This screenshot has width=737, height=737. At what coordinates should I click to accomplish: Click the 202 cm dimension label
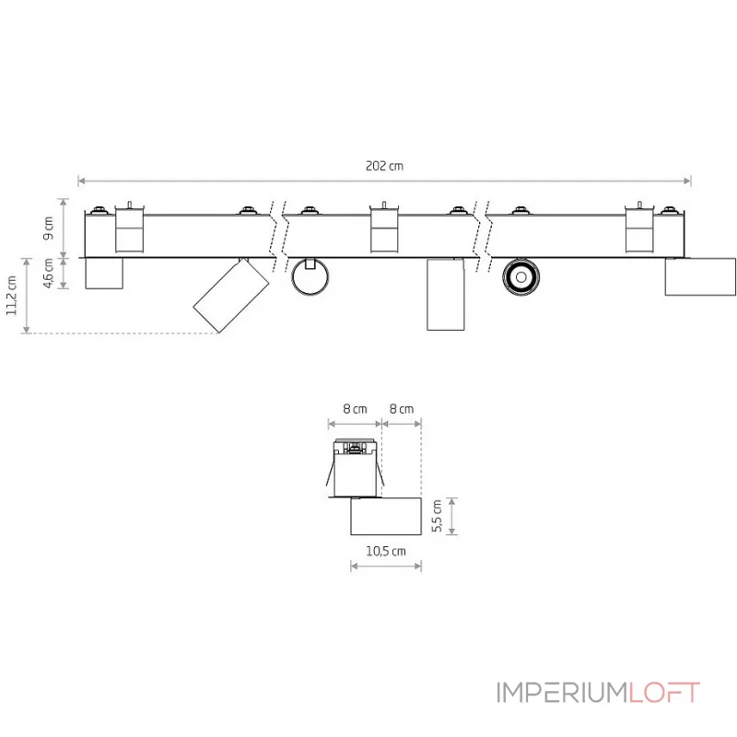(x=384, y=167)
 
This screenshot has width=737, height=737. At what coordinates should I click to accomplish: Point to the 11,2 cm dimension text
(x=11, y=296)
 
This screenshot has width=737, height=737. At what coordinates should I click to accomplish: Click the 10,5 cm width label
(x=386, y=551)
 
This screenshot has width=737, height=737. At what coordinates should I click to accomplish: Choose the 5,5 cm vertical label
(x=438, y=516)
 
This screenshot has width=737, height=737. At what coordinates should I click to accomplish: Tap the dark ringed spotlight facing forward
(x=521, y=275)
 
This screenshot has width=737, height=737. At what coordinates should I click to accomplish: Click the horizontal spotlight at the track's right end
(x=699, y=277)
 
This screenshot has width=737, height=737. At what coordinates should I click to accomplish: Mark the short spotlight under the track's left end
(x=103, y=274)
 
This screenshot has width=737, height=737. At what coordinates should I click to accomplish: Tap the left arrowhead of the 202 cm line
(x=81, y=181)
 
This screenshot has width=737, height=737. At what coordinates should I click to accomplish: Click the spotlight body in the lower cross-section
(x=385, y=516)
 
